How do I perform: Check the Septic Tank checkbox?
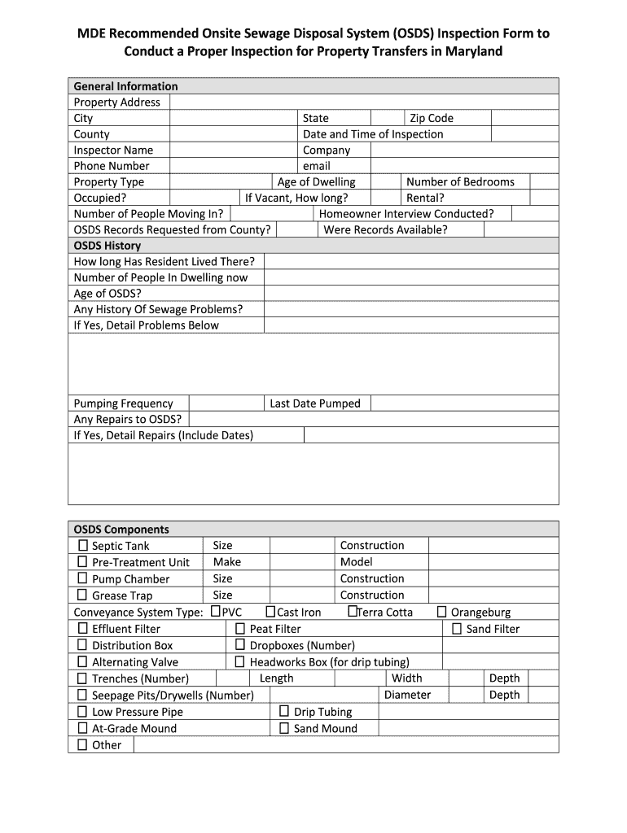point(82,545)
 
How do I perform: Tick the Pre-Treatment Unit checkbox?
point(82,561)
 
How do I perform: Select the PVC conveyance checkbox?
point(217,611)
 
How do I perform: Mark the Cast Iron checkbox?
point(271,611)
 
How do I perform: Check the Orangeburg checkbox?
point(442,612)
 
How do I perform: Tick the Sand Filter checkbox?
point(457,628)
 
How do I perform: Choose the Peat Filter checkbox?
point(240,628)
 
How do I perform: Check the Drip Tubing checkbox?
point(284,711)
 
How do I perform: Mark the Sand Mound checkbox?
point(284,727)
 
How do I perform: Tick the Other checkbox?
point(82,744)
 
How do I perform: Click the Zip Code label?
point(432,118)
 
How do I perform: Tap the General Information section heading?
point(125,86)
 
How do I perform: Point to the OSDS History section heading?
point(107,246)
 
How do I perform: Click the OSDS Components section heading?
point(121,529)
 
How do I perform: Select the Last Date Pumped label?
point(315,403)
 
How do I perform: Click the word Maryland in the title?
point(468,51)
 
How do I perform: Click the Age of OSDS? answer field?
point(411,294)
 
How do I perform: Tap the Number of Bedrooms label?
point(460,182)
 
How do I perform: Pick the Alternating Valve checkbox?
point(82,661)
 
